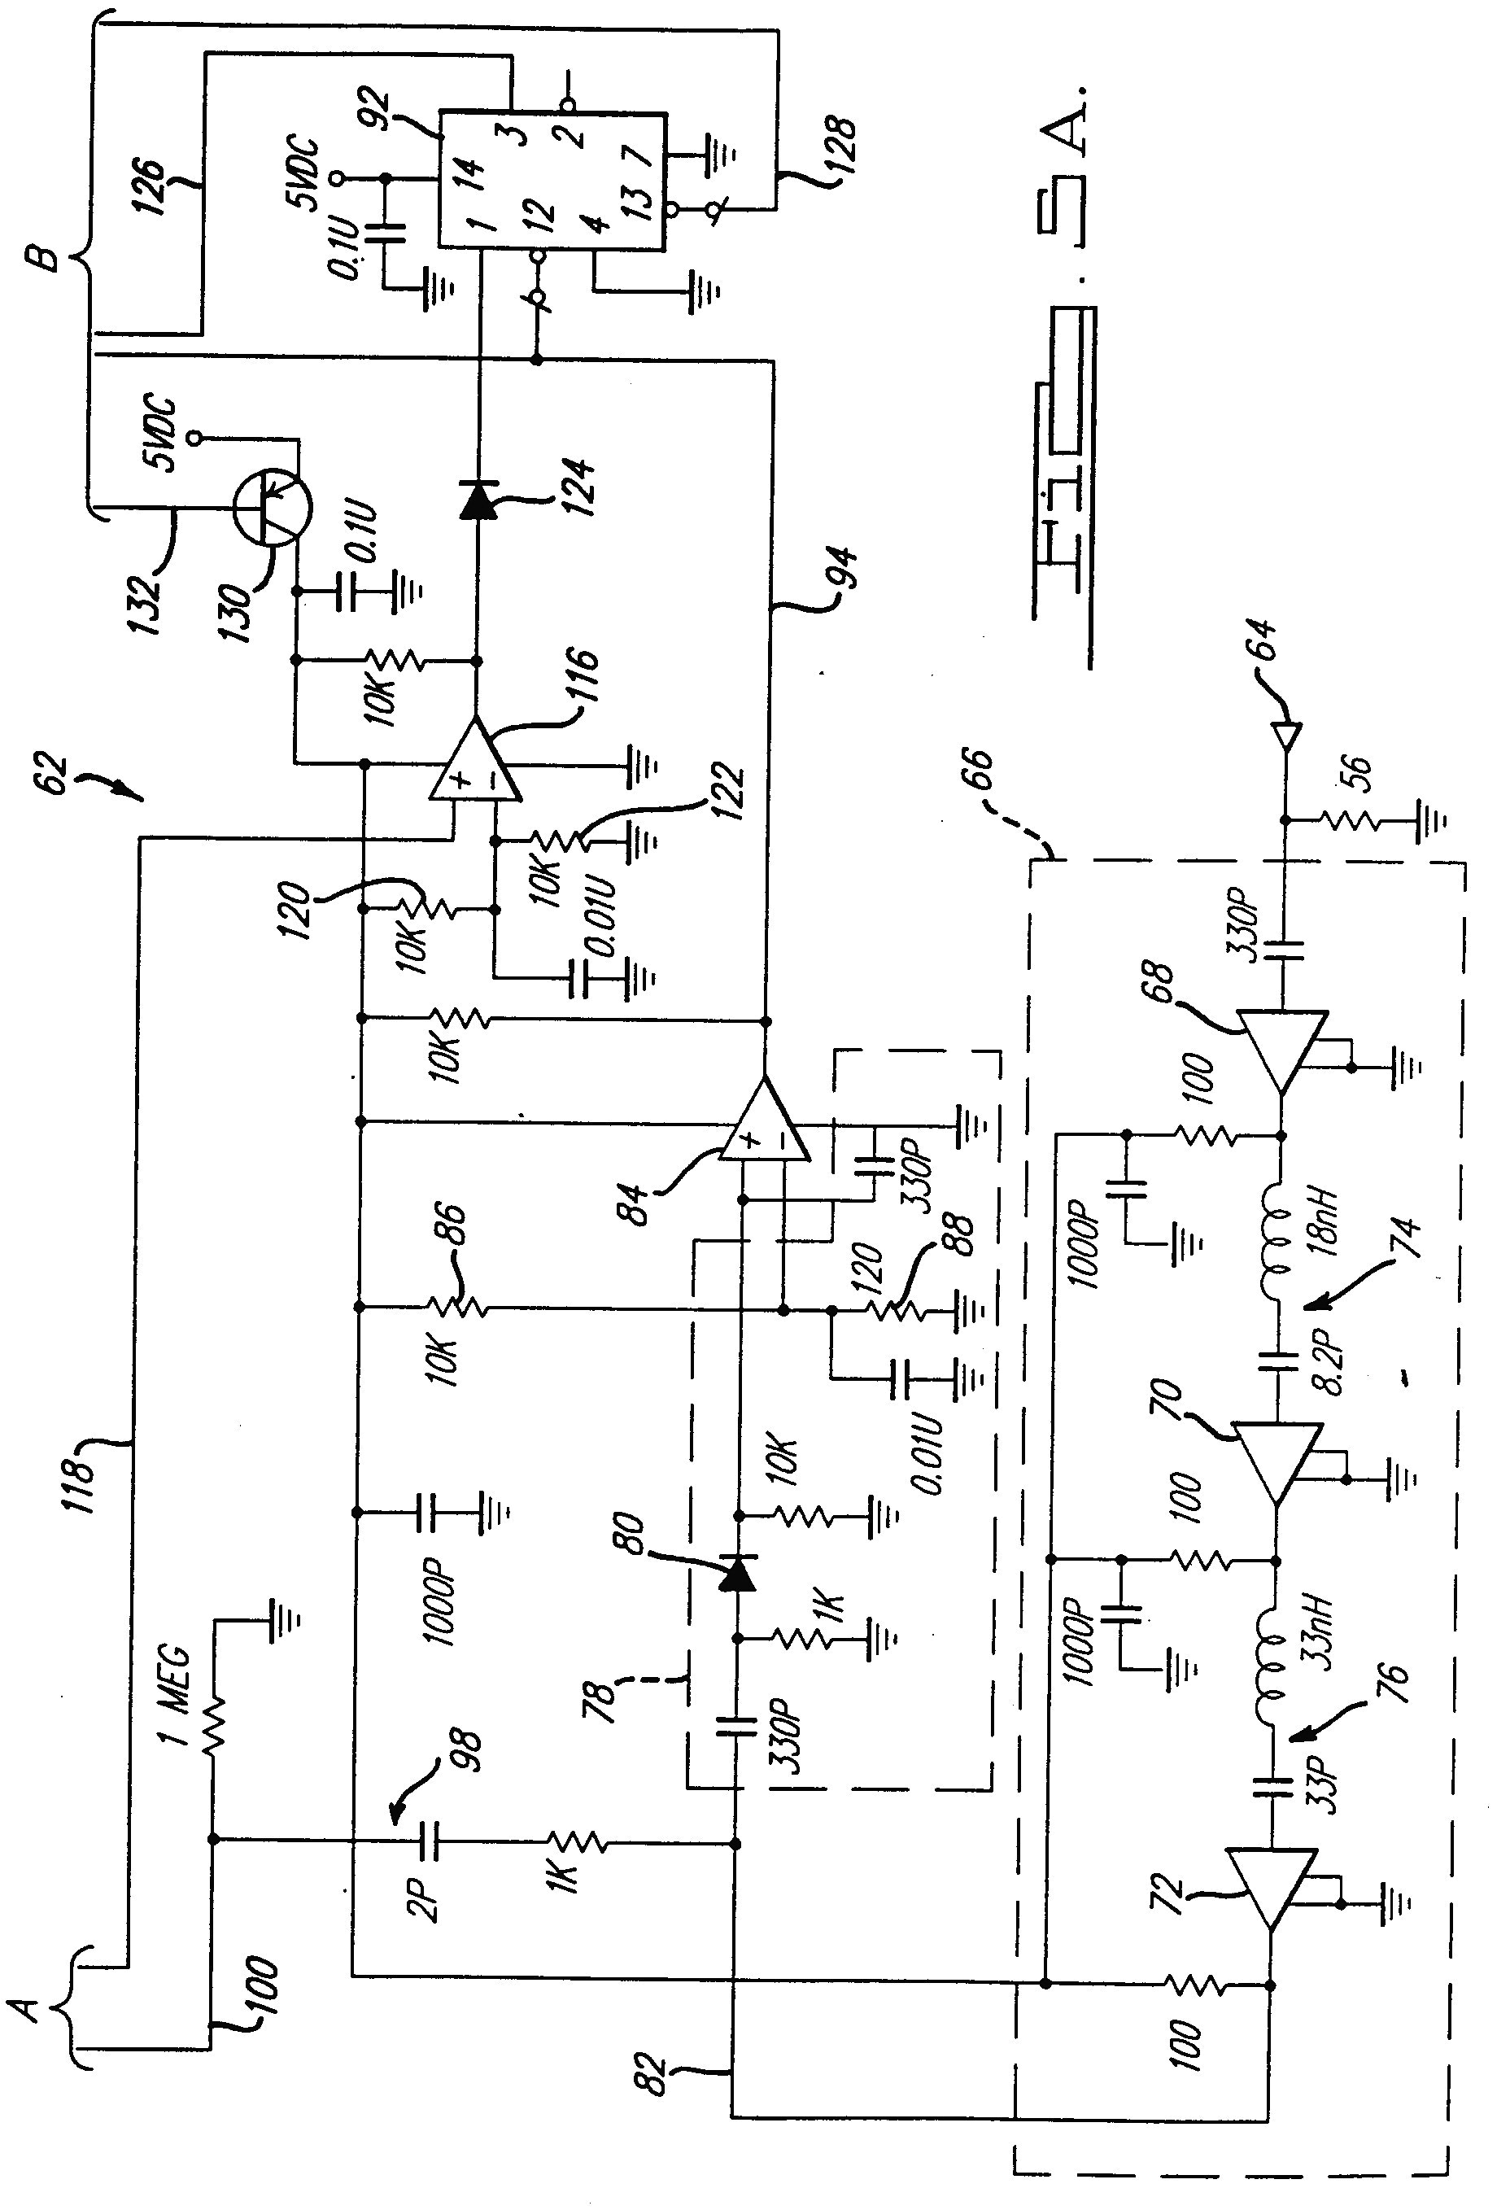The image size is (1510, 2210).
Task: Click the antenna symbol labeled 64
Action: point(1285,735)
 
